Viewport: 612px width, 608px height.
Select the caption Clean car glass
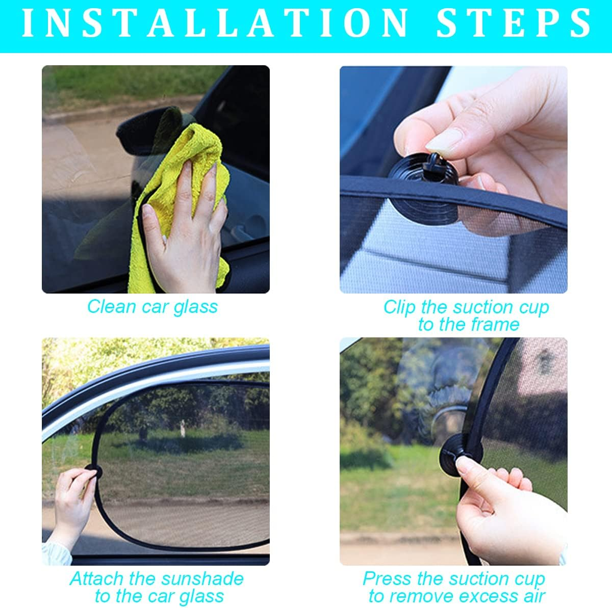[x=152, y=306]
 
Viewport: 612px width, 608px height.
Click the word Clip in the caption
[x=400, y=307]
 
